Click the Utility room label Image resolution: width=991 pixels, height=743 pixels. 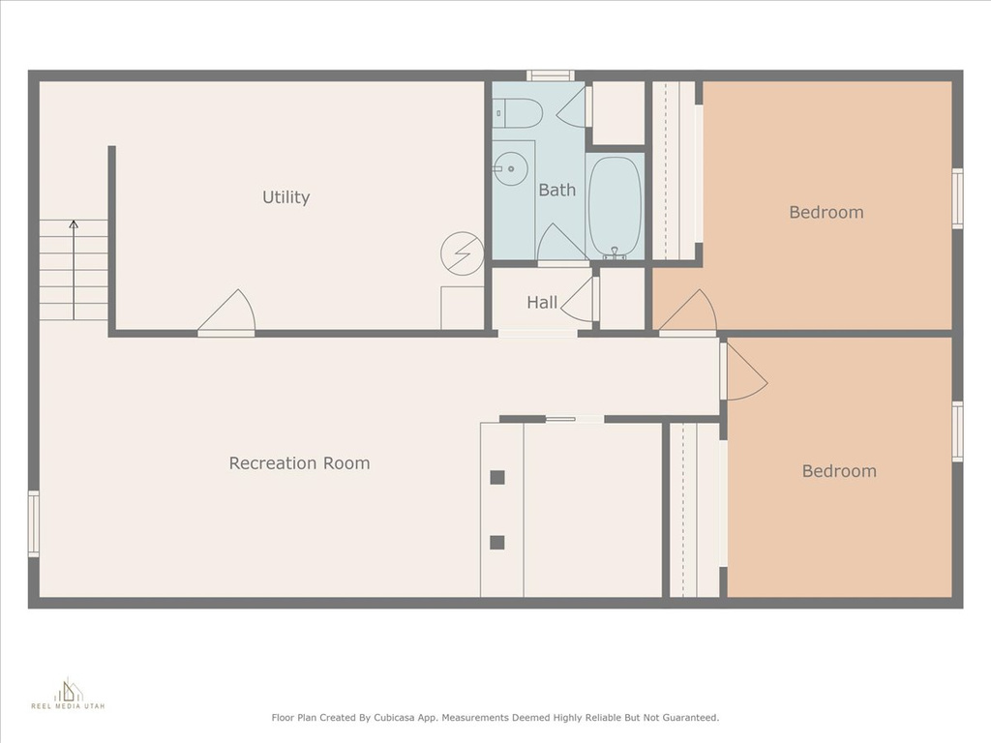285,197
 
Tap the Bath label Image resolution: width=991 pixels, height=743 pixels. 556,190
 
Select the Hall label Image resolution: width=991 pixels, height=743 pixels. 542,303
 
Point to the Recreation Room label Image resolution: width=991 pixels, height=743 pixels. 299,463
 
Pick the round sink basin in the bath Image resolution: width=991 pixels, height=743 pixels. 509,168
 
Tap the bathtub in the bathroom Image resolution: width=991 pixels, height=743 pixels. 615,207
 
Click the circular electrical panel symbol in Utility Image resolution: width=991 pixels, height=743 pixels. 463,253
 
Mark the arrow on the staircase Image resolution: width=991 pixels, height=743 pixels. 74,270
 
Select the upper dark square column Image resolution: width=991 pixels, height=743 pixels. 497,477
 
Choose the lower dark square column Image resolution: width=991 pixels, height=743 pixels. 497,542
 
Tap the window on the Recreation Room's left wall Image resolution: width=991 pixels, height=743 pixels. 34,524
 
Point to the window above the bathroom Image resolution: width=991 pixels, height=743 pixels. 551,75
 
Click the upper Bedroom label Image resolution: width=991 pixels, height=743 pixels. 826,212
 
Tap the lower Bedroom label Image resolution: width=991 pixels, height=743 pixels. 839,471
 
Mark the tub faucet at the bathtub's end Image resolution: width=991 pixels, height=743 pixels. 615,254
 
